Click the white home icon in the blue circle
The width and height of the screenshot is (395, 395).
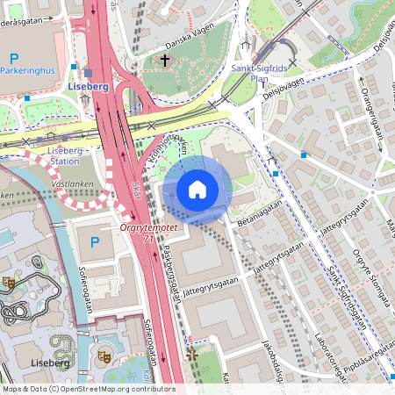point(197,190)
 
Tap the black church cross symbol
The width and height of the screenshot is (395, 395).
point(164,60)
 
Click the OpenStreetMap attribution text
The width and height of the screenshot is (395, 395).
point(88,389)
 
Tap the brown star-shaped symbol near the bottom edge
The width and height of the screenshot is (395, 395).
point(192,355)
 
